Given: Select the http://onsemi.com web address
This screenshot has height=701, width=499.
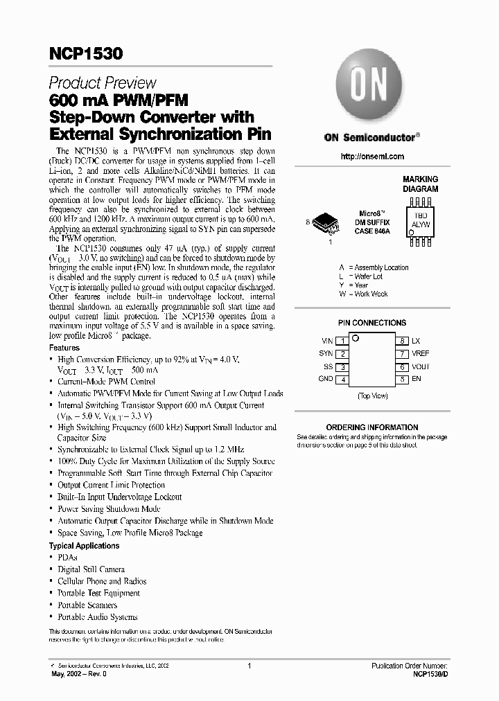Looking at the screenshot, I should click(372, 157).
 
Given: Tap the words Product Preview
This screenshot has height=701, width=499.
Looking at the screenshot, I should click(103, 83).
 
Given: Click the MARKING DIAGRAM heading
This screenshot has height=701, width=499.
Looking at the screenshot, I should click(421, 184).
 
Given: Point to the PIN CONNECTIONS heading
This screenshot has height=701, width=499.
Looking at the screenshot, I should click(372, 323).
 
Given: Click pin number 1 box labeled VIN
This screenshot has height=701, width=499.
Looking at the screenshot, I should click(342, 341).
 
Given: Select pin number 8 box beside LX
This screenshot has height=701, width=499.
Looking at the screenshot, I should click(402, 341).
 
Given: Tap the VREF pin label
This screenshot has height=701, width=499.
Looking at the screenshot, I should click(421, 353).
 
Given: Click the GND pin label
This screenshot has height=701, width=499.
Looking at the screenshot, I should click(325, 379).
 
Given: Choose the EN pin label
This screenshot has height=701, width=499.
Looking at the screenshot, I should click(416, 379).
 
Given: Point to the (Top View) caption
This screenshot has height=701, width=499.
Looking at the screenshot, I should click(372, 396).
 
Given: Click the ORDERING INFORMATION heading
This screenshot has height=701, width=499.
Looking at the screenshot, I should click(372, 427).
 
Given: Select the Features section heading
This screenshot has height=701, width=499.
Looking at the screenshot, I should click(64, 348).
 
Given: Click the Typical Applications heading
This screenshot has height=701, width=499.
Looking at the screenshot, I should click(84, 546).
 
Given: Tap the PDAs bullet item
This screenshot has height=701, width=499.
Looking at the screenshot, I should click(67, 558).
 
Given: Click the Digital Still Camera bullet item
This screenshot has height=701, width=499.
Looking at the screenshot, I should click(91, 569).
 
